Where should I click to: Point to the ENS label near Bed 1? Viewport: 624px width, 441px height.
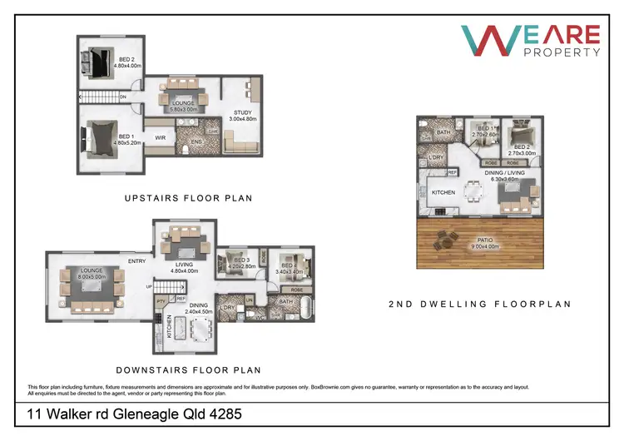click(197, 142)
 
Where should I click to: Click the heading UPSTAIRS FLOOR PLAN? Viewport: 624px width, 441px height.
click(188, 198)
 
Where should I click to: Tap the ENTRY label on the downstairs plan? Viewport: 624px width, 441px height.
click(138, 260)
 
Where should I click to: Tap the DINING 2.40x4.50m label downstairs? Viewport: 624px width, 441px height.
click(200, 309)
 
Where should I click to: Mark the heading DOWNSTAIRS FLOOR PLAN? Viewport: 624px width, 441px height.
click(188, 370)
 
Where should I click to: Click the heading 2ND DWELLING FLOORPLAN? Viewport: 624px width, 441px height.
click(480, 305)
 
